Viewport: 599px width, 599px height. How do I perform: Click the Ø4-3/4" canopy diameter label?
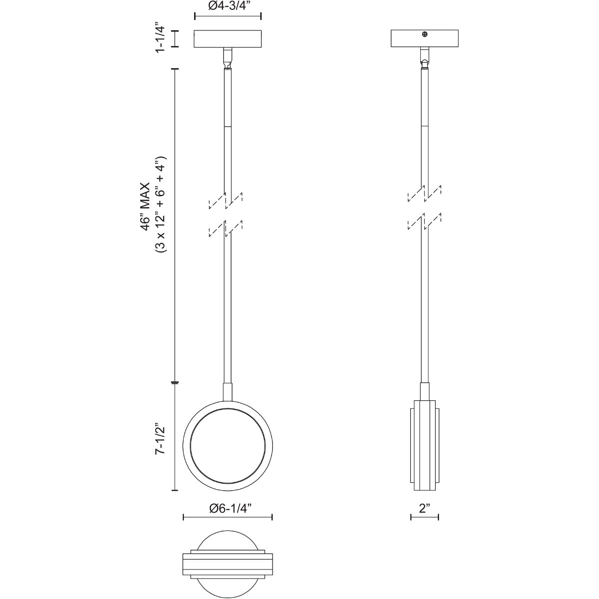[227, 6]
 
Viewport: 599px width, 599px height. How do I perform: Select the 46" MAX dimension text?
[146, 206]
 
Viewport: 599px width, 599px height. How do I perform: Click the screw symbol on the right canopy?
[425, 35]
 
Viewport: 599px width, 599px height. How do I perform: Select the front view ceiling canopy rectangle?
[228, 38]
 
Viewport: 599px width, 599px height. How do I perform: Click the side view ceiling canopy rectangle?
[424, 38]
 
